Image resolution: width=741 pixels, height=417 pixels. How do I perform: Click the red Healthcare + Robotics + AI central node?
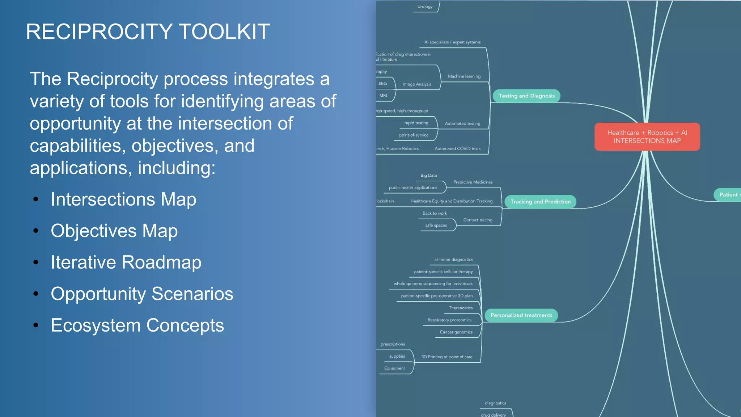(x=647, y=137)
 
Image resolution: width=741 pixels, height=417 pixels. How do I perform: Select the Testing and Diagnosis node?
(x=526, y=96)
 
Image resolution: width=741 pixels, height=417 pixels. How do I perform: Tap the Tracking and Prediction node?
(x=540, y=202)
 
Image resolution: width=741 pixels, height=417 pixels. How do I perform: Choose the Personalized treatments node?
(x=521, y=315)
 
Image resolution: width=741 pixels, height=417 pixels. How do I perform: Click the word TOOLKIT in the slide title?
(x=224, y=32)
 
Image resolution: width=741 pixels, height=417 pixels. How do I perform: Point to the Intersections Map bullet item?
(x=123, y=199)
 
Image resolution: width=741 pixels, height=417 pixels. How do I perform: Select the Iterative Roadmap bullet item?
(x=126, y=262)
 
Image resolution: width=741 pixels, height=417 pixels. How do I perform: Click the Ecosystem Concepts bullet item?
(x=137, y=325)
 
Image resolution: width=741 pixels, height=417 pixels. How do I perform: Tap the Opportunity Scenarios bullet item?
(x=142, y=294)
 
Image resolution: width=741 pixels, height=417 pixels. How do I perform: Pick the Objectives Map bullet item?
(x=114, y=231)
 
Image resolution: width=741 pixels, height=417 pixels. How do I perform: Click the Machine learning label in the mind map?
(x=464, y=76)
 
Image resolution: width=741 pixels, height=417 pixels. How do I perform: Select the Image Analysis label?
(x=417, y=84)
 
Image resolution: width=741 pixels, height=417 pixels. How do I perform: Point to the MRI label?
(x=383, y=96)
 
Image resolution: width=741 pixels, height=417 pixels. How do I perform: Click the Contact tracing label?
(x=478, y=220)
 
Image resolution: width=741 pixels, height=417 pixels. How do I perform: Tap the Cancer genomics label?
(x=456, y=332)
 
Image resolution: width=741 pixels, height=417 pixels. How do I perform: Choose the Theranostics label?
(x=461, y=308)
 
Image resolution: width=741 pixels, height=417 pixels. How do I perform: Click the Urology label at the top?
(x=425, y=7)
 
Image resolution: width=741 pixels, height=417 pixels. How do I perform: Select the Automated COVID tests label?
(x=457, y=149)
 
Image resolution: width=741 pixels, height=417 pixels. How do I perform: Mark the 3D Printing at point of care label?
(x=447, y=357)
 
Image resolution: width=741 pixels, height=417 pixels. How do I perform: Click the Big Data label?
(x=428, y=176)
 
